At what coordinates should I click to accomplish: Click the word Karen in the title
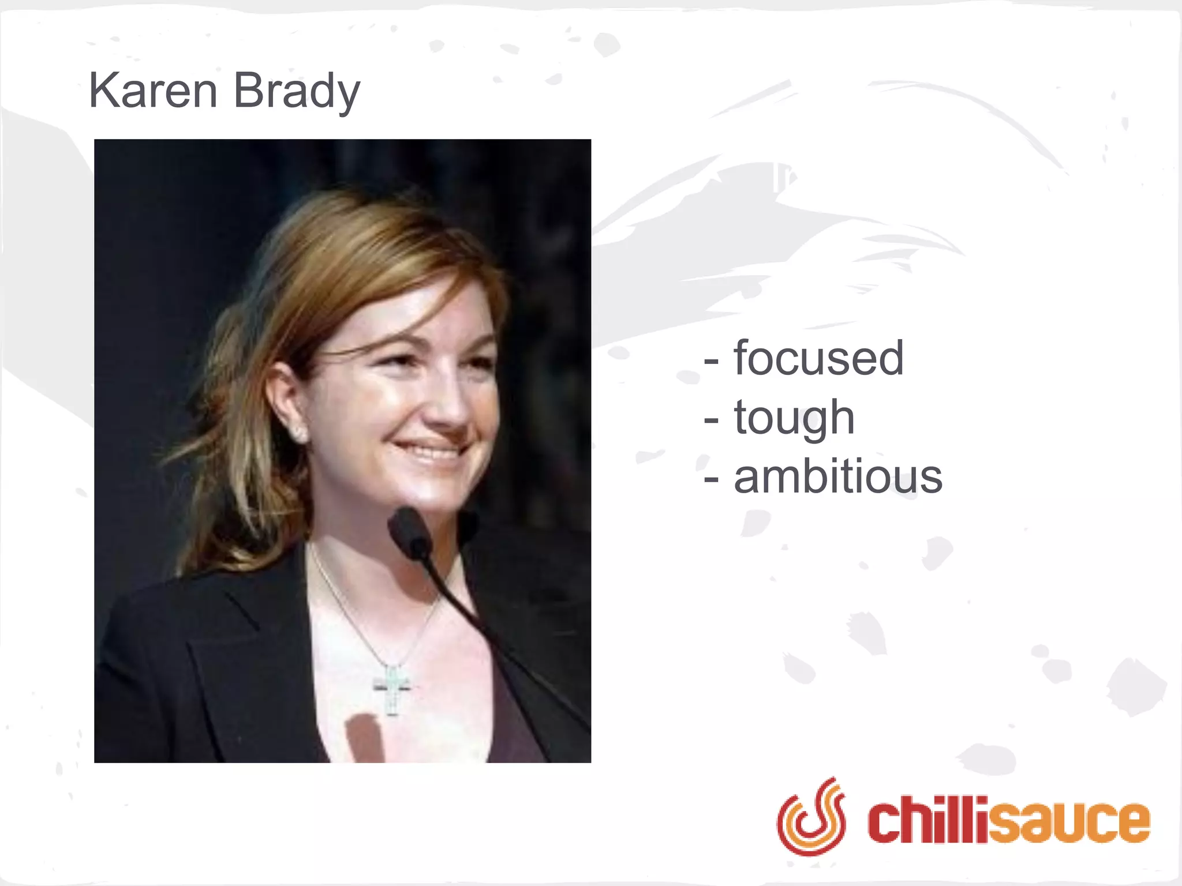pyautogui.click(x=153, y=91)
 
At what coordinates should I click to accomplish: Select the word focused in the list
pyautogui.click(x=818, y=358)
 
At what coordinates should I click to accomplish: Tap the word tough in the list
pyautogui.click(x=794, y=418)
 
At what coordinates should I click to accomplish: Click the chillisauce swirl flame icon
pyautogui.click(x=811, y=816)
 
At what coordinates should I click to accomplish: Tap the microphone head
pyautogui.click(x=410, y=531)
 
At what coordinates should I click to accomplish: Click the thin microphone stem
pyautogui.click(x=491, y=635)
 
